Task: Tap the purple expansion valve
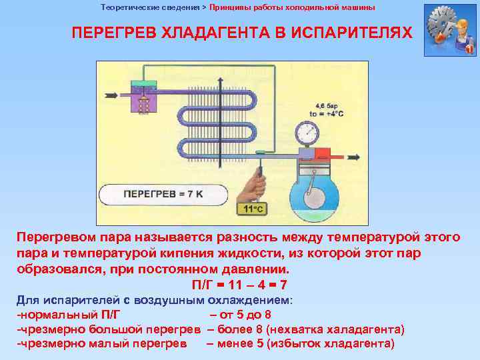(x=144, y=101)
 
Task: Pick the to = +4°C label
(x=327, y=113)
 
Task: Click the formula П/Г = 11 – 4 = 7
(x=239, y=285)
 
